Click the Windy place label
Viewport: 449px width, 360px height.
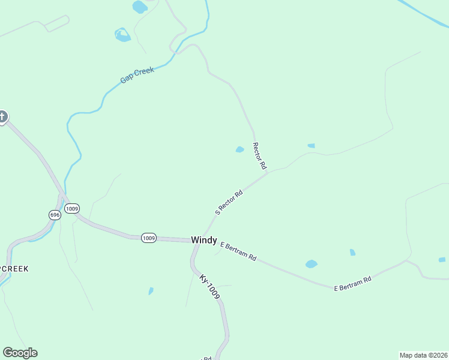203,240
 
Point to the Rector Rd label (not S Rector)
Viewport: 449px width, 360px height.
259,155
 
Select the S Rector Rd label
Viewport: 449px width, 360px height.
229,202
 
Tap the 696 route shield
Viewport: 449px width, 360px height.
55,215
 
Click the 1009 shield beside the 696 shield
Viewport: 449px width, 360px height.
72,209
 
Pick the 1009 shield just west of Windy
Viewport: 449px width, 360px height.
149,238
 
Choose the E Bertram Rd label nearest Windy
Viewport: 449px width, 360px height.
238,250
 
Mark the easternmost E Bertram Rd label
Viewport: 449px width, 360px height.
352,284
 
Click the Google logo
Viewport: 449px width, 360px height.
20,353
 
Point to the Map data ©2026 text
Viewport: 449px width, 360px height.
423,355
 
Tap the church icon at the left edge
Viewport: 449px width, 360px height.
2,116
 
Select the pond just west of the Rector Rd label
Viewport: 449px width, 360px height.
240,149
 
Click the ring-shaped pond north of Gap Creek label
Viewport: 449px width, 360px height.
122,35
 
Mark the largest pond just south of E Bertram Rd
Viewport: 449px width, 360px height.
311,264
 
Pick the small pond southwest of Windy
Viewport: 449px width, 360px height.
151,291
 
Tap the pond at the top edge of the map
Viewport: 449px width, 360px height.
139,7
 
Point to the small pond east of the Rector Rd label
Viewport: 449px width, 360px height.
311,146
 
